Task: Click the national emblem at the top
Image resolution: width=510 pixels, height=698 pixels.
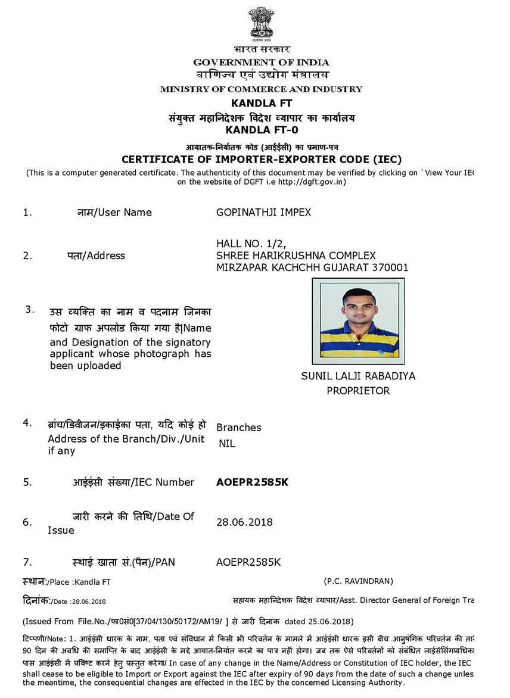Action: coord(261,23)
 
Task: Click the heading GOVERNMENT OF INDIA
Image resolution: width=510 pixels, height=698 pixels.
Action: coord(261,63)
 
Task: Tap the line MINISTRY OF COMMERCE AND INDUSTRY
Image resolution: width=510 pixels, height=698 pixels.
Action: coord(261,89)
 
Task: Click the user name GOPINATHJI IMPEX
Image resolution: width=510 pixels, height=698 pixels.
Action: coord(263,213)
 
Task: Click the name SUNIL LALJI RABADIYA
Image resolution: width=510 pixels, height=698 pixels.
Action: coord(358,376)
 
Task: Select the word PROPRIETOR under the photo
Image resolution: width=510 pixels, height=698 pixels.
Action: coord(358,391)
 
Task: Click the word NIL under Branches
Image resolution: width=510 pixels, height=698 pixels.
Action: coord(227,443)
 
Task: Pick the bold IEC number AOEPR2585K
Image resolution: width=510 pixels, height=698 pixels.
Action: coord(252,482)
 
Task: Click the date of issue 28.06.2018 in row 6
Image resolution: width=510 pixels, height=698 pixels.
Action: coord(244,522)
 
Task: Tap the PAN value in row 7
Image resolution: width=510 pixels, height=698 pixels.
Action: coord(248,562)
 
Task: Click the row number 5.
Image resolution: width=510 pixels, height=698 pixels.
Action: coord(27,482)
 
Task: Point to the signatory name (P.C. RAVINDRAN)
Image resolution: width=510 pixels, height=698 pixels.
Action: coord(359,581)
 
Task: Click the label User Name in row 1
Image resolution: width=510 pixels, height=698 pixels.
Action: coord(125,213)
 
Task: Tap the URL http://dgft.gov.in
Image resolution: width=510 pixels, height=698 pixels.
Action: coord(310,182)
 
